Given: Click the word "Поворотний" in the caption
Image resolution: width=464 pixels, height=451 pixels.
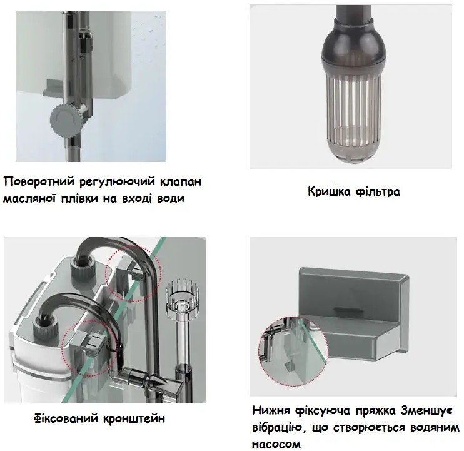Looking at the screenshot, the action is click(39, 181).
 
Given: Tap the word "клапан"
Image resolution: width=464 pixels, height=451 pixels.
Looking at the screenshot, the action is click(181, 181).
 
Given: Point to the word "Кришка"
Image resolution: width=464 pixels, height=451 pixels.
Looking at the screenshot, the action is click(329, 191).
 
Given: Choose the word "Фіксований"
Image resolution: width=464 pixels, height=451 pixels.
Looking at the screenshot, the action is click(66, 418).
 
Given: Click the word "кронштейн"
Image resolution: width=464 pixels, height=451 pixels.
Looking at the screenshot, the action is click(134, 418).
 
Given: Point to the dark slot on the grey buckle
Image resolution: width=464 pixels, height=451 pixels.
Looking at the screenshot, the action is click(349, 310).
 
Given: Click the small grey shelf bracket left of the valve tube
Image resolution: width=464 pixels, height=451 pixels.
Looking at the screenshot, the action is click(53, 88).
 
